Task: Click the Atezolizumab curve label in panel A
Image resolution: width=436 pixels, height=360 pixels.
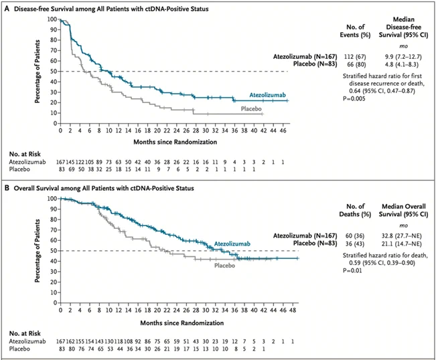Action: [267, 95]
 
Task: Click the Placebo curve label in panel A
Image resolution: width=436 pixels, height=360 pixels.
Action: [251, 108]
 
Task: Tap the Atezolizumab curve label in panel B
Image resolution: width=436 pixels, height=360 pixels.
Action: [232, 244]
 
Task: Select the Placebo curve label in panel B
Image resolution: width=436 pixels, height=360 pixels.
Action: [224, 266]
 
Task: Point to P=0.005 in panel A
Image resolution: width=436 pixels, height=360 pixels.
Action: [354, 98]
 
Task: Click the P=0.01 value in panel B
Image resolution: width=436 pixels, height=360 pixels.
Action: [352, 270]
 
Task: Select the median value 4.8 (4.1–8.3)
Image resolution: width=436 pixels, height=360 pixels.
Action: [402, 64]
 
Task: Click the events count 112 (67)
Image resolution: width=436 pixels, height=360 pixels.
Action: [355, 57]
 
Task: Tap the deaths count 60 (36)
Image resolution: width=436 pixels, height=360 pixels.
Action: [354, 236]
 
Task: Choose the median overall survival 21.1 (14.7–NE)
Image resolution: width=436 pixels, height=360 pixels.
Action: [402, 244]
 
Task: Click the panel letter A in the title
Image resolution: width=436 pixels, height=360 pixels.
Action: [7, 9]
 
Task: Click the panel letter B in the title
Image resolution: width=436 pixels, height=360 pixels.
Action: [7, 188]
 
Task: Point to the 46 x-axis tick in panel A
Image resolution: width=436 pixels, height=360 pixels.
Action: [283, 130]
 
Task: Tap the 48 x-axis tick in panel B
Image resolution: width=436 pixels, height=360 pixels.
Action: [293, 310]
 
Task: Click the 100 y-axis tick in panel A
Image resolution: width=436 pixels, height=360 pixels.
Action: [52, 19]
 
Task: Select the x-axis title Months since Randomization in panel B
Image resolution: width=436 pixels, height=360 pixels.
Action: [182, 323]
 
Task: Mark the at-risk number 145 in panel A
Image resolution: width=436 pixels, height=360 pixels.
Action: [72, 162]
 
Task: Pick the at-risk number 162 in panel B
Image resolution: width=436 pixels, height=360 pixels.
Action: [72, 341]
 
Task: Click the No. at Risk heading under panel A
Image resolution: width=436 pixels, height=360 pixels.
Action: [25, 154]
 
